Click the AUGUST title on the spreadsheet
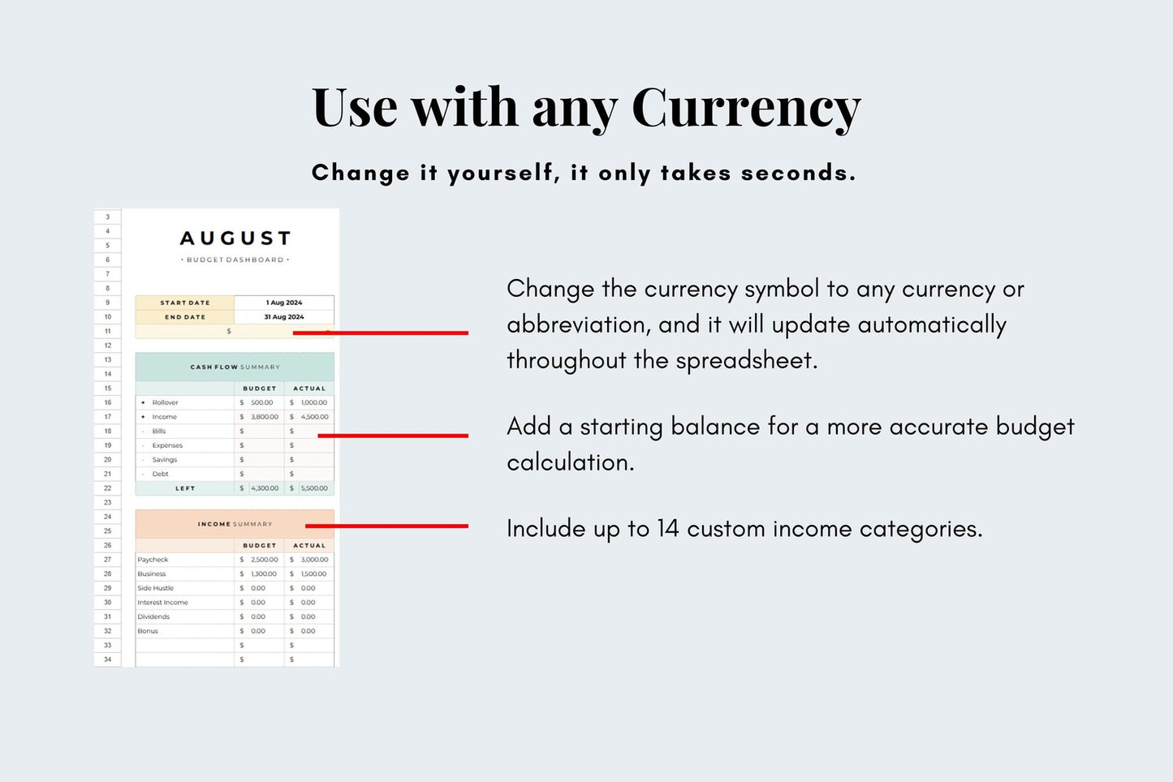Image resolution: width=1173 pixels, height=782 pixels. [235, 238]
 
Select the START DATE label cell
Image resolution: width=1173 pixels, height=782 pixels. [185, 303]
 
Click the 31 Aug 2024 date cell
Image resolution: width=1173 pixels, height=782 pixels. [284, 317]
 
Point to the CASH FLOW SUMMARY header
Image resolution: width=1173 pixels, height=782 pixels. [235, 367]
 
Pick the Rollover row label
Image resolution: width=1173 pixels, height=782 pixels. [165, 402]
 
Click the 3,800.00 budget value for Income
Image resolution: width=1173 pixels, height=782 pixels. [265, 417]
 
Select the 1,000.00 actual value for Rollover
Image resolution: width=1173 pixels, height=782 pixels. [314, 402]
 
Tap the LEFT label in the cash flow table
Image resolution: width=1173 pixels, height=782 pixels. [185, 488]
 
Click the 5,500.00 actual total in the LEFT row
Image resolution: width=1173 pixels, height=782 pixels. [314, 488]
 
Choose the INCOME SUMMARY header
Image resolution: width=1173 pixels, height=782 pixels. [235, 524]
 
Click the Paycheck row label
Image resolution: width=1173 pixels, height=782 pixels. [153, 560]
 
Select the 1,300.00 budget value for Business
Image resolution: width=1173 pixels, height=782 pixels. [265, 574]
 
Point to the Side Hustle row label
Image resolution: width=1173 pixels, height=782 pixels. [155, 588]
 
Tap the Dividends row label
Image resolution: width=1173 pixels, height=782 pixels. [153, 617]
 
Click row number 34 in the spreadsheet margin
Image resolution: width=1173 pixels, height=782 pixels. [107, 660]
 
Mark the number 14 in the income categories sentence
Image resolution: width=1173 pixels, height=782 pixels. [667, 529]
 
